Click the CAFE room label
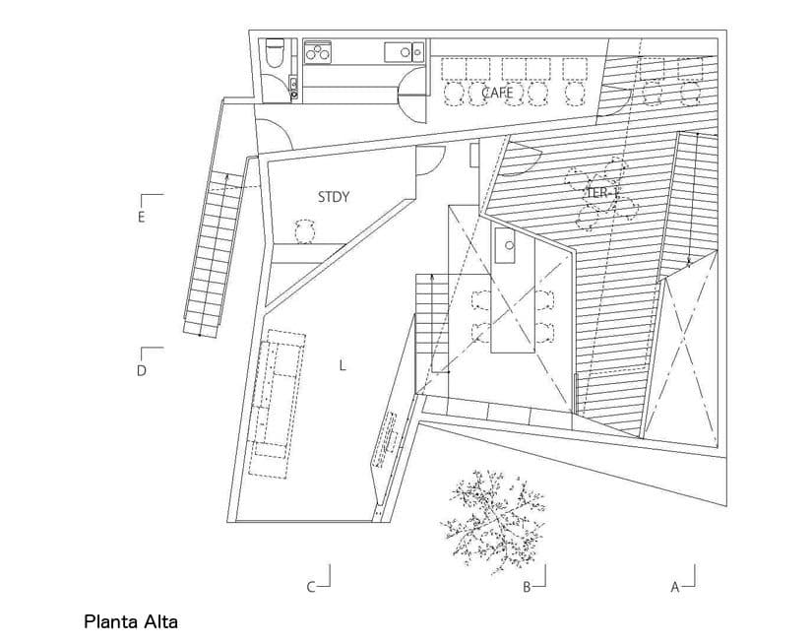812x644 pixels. [497, 93]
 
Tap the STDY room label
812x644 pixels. [334, 197]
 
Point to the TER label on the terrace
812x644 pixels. [596, 193]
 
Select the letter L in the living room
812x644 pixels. [342, 365]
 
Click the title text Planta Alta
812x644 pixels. [131, 621]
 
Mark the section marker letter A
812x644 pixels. [675, 587]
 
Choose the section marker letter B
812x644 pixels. [527, 587]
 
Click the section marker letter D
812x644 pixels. [141, 371]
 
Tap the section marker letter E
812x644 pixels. [141, 217]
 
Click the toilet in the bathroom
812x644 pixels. [275, 51]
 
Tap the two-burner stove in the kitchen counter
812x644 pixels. [319, 51]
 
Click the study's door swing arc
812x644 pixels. [430, 161]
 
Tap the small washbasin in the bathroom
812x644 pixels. [293, 86]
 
